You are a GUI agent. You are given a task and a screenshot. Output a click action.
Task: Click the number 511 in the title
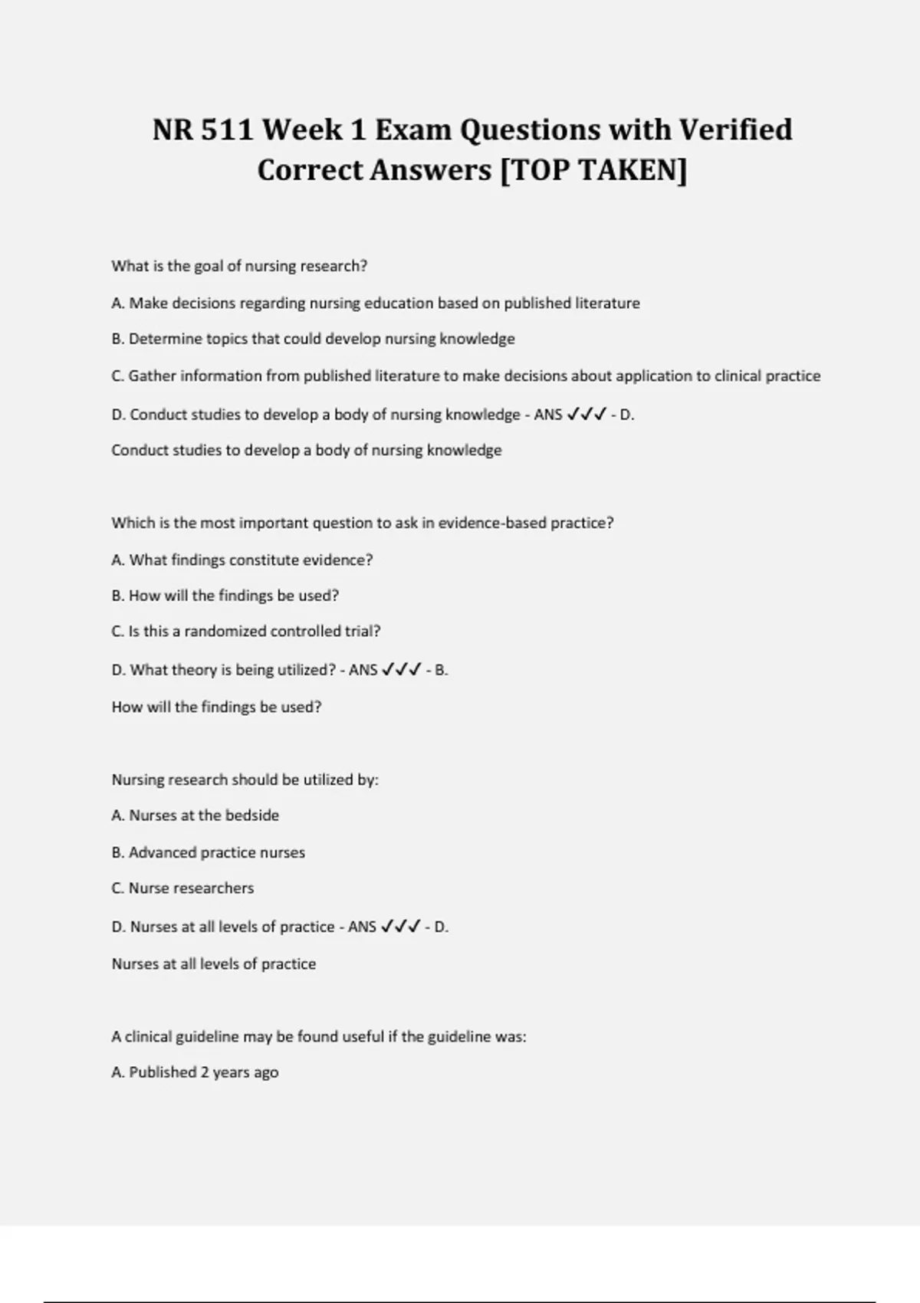pyautogui.click(x=227, y=130)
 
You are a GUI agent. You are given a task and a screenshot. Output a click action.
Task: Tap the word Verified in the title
pyautogui.click(x=736, y=130)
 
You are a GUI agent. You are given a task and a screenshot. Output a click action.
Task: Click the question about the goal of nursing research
pyautogui.click(x=239, y=266)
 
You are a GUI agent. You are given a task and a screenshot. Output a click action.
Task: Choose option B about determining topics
pyautogui.click(x=313, y=339)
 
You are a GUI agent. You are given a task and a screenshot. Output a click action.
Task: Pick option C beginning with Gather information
pyautogui.click(x=465, y=376)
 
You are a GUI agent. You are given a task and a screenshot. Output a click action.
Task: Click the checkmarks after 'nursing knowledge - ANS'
pyautogui.click(x=586, y=415)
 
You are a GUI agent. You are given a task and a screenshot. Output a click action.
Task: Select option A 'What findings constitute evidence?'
pyautogui.click(x=242, y=560)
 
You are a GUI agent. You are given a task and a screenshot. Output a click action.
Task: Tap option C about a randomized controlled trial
pyautogui.click(x=245, y=632)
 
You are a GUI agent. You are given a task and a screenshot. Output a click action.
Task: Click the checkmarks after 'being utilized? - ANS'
pyautogui.click(x=401, y=670)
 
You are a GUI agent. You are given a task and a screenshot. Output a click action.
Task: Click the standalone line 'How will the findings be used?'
pyautogui.click(x=216, y=707)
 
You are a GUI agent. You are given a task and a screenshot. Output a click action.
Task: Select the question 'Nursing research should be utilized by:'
pyautogui.click(x=245, y=780)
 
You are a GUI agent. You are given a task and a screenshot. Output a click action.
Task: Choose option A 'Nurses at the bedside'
pyautogui.click(x=195, y=816)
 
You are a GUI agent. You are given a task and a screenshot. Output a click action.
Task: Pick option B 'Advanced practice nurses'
pyautogui.click(x=208, y=852)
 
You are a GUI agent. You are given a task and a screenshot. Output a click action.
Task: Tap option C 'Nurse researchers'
pyautogui.click(x=182, y=888)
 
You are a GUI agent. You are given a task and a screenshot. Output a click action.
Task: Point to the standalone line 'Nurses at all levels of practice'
pyautogui.click(x=213, y=963)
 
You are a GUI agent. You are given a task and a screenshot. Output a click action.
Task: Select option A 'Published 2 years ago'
pyautogui.click(x=195, y=1072)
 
